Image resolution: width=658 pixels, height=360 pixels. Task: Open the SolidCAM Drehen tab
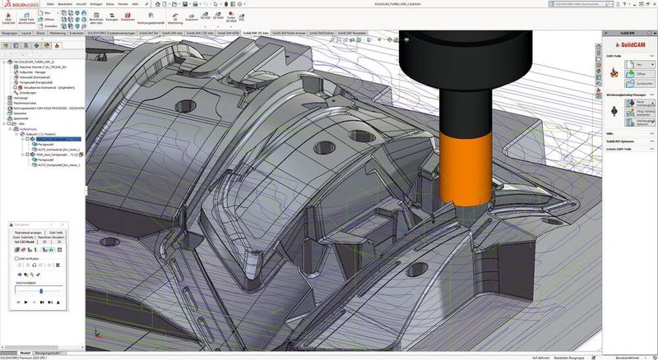(319, 32)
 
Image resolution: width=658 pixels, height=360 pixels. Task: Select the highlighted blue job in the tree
(50, 141)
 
